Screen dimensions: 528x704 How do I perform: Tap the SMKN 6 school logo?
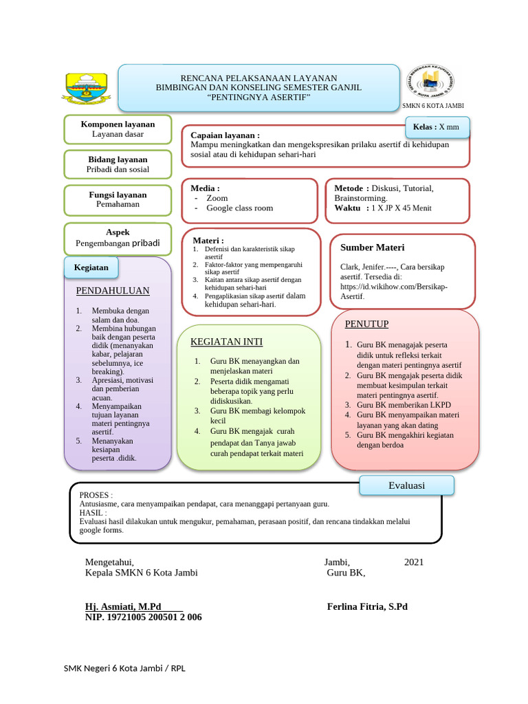432,84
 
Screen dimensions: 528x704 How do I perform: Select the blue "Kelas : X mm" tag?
437,127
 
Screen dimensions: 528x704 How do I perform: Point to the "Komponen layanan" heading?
118,124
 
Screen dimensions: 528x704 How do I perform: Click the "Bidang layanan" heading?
118,159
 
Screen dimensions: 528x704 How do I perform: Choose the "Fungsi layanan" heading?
118,195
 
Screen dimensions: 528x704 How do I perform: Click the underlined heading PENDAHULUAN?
113,291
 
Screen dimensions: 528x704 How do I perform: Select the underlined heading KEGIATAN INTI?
226,342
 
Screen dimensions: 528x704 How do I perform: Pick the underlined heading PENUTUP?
366,324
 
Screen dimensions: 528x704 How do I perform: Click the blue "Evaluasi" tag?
406,485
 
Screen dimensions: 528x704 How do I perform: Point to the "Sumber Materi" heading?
372,247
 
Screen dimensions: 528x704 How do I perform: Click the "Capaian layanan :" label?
225,135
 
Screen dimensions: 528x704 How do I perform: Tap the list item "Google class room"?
239,208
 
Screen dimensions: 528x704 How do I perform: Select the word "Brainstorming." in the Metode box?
361,198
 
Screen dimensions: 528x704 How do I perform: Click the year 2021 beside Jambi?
414,562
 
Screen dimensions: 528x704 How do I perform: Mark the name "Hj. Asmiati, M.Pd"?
123,606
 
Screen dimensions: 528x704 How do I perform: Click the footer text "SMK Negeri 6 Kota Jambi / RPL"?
124,668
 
